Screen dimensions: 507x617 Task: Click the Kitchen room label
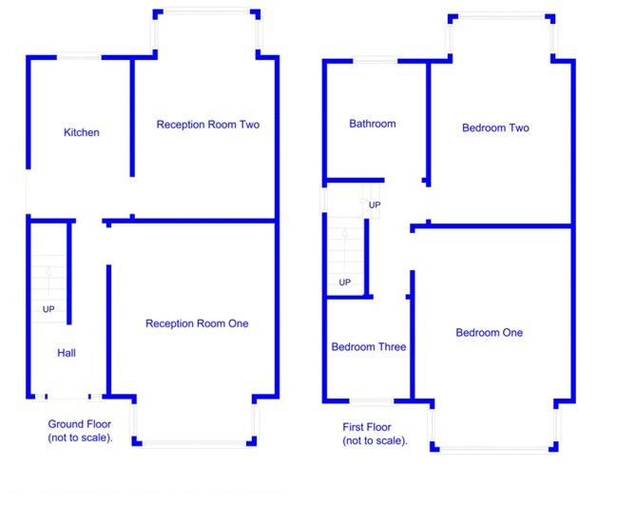tap(81, 132)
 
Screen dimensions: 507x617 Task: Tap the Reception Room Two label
tap(207, 125)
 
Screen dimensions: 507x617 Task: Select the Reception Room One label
tap(197, 323)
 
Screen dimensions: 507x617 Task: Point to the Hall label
tap(67, 353)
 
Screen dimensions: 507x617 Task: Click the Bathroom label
tap(372, 124)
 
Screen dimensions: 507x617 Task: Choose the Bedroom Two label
tap(495, 127)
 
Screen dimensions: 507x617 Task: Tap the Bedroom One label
tap(489, 332)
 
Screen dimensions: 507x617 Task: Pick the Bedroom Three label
tap(368, 347)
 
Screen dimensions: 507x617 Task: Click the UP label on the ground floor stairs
tap(48, 310)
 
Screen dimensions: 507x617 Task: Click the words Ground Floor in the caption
tap(80, 424)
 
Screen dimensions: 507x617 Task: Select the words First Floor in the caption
tap(366, 427)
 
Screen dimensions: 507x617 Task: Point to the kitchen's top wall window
tap(80, 57)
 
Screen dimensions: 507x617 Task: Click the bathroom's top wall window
tap(375, 61)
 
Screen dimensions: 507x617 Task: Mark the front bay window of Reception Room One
tap(194, 441)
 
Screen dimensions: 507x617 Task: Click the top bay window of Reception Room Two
tap(205, 11)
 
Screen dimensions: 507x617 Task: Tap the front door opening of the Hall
tap(67, 397)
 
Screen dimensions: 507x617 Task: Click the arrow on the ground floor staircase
tap(48, 276)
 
